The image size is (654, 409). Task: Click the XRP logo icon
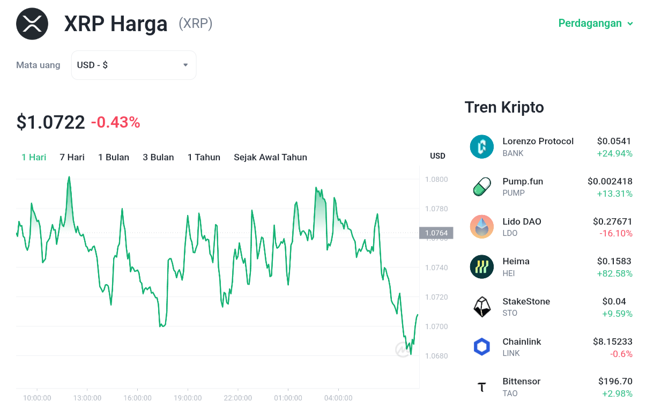pyautogui.click(x=32, y=24)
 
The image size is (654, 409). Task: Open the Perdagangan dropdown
pyautogui.click(x=596, y=24)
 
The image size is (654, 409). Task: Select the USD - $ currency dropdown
pyautogui.click(x=133, y=65)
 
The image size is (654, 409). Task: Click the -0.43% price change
pyautogui.click(x=116, y=122)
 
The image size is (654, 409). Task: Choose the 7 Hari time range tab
pyautogui.click(x=72, y=158)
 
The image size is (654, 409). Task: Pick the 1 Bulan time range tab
pyautogui.click(x=114, y=158)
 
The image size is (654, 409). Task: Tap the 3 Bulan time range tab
pyautogui.click(x=158, y=158)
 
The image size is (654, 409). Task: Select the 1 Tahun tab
pyautogui.click(x=204, y=158)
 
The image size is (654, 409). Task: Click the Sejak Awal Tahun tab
pyautogui.click(x=270, y=158)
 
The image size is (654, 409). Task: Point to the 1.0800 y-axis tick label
pyautogui.click(x=436, y=179)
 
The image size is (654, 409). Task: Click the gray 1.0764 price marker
pyautogui.click(x=436, y=233)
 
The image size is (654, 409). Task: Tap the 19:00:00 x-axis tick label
pyautogui.click(x=188, y=398)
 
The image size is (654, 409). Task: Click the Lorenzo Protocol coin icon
pyautogui.click(x=482, y=146)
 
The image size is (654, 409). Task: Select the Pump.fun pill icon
pyautogui.click(x=482, y=187)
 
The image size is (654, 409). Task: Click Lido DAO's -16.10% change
pyautogui.click(x=616, y=233)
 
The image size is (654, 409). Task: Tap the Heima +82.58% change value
pyautogui.click(x=614, y=273)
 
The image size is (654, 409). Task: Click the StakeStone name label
pyautogui.click(x=526, y=301)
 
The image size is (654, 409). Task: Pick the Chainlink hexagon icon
pyautogui.click(x=482, y=347)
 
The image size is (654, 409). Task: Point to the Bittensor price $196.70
pyautogui.click(x=615, y=381)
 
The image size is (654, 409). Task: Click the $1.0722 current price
pyautogui.click(x=50, y=122)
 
